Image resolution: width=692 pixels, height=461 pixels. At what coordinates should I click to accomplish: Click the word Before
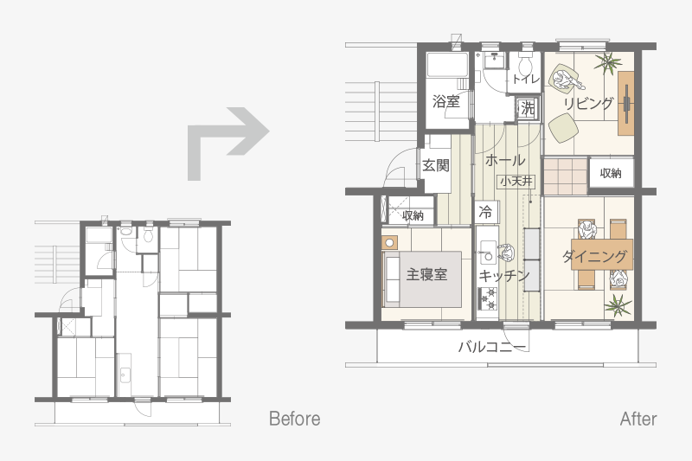(x=294, y=419)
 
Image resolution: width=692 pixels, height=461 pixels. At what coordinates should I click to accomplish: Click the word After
(x=638, y=419)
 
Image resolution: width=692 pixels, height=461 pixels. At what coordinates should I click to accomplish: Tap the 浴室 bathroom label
(x=445, y=101)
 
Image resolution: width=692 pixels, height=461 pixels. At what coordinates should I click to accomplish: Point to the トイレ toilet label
(x=526, y=79)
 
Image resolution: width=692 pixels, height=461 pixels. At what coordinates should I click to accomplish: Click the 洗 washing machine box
(x=528, y=108)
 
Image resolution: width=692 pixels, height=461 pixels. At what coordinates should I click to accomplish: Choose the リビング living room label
(x=588, y=104)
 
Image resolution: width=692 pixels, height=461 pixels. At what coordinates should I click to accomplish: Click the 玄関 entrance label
(x=436, y=165)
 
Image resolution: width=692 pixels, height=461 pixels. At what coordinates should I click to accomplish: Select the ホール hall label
(x=505, y=160)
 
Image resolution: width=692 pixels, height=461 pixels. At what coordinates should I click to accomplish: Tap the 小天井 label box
(x=516, y=182)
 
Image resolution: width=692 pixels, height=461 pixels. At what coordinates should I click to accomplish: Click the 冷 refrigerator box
(x=487, y=212)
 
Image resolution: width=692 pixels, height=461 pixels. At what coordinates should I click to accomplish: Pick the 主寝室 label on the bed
(x=426, y=274)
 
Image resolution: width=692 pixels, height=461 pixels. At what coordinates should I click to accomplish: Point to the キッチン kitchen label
(x=503, y=276)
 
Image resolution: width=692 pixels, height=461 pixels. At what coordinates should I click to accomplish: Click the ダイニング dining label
(x=594, y=256)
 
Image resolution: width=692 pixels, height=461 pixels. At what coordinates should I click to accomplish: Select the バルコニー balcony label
(x=492, y=347)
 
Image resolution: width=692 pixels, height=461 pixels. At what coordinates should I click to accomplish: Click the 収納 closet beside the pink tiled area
(x=611, y=173)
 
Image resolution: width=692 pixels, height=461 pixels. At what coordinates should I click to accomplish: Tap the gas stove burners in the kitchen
(x=488, y=298)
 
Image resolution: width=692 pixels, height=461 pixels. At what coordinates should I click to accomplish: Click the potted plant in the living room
(x=608, y=62)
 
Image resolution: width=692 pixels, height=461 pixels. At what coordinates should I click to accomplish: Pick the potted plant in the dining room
(x=618, y=305)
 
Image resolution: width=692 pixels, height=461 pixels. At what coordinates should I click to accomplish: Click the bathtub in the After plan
(x=447, y=66)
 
